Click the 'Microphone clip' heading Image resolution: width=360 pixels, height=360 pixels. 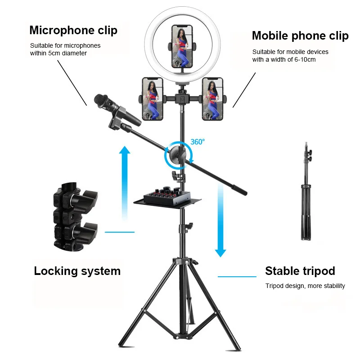coord(73,30)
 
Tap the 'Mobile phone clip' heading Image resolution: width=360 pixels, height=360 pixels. coord(300,36)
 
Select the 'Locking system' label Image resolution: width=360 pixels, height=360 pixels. coord(77,271)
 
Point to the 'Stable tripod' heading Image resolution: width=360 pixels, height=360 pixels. coord(300,271)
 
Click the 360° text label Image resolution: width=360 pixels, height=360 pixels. coord(197,141)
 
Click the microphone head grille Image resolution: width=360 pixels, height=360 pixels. coord(103,102)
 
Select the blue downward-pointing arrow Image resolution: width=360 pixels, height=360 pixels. coord(220,220)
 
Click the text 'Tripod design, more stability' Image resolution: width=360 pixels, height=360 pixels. coord(305,286)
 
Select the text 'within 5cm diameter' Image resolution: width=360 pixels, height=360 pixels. coord(58,53)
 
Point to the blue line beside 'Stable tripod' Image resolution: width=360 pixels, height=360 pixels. coord(237,276)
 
